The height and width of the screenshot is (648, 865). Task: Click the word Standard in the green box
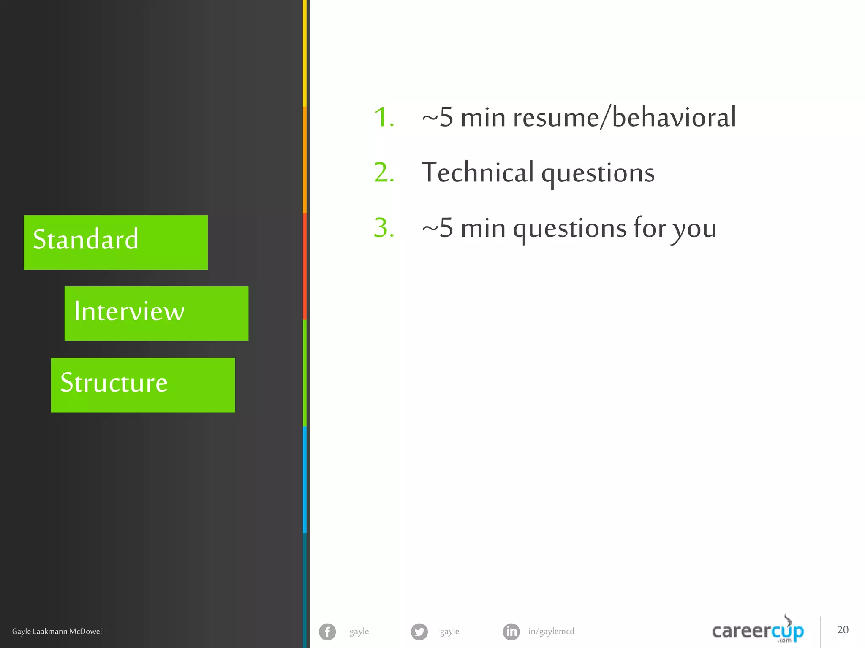click(x=86, y=239)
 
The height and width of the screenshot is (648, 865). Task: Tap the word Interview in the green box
click(x=129, y=311)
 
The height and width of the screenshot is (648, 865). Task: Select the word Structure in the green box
click(x=114, y=383)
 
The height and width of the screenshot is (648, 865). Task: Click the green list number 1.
click(x=384, y=117)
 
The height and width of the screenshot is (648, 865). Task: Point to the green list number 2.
click(x=384, y=173)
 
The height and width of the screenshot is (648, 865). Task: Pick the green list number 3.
click(x=384, y=228)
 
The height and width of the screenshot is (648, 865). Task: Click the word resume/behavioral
click(x=624, y=117)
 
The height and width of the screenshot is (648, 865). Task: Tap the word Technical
click(x=478, y=173)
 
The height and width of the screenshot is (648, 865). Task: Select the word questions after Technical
click(x=598, y=174)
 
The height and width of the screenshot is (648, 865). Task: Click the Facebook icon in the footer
click(x=327, y=632)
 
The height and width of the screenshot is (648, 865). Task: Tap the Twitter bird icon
click(x=419, y=632)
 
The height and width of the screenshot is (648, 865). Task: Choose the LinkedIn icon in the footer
click(x=511, y=632)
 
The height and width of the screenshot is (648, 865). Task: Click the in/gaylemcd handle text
click(x=551, y=632)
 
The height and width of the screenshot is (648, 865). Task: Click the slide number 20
click(x=843, y=630)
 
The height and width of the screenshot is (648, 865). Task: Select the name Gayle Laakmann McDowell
click(x=58, y=632)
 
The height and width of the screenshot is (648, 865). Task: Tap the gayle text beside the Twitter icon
click(x=449, y=632)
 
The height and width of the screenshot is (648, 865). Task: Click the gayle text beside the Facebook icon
click(x=359, y=632)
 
